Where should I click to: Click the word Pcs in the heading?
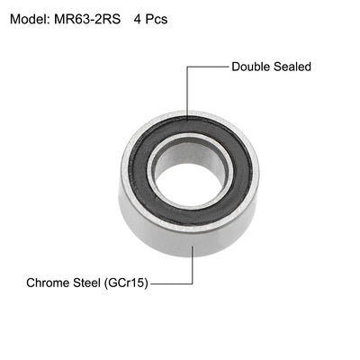pos(155,18)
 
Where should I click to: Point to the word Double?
pos(253,67)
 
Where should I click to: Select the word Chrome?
pos(52,283)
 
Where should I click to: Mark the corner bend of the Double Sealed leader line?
pos(188,67)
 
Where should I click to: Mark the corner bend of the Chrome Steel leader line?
pos(191,283)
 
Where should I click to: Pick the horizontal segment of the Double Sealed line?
pos(208,67)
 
